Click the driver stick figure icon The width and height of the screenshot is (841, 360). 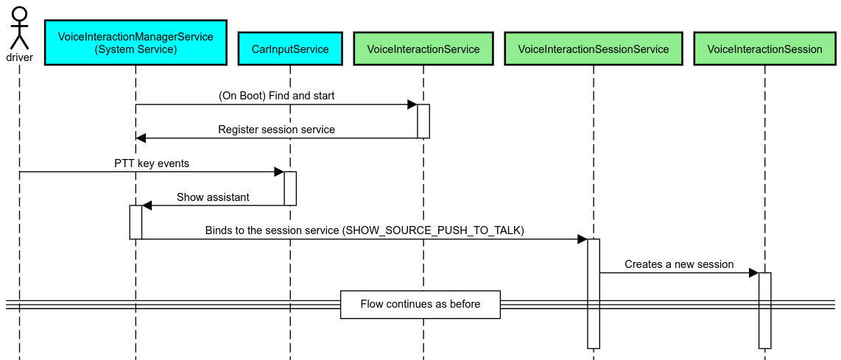(19, 27)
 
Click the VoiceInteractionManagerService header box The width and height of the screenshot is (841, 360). (136, 43)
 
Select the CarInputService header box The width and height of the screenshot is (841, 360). (290, 49)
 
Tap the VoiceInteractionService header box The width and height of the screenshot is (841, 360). (423, 49)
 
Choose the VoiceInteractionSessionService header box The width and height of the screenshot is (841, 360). (594, 49)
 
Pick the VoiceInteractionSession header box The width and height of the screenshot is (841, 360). (764, 49)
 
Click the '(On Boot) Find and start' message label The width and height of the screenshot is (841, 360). (277, 96)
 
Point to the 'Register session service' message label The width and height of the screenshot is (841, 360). (276, 130)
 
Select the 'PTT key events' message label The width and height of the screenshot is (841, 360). (152, 163)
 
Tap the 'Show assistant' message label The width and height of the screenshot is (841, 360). (213, 197)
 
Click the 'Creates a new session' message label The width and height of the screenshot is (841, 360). (679, 264)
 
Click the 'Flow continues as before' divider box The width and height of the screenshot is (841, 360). (420, 304)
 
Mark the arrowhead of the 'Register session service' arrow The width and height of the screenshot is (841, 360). (141, 138)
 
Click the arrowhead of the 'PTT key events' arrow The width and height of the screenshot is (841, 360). (279, 172)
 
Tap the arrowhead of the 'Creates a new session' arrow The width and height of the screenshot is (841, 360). (753, 273)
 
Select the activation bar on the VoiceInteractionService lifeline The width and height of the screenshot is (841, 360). (423, 121)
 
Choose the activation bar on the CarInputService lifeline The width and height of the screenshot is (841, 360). (290, 188)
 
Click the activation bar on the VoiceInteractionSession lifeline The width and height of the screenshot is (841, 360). (764, 310)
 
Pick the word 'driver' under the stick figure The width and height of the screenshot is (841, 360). (19, 57)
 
